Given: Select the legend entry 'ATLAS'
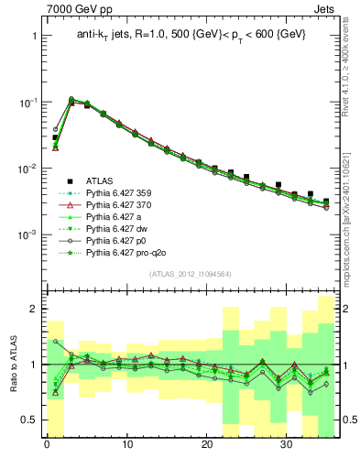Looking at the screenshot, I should coord(101,180).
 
